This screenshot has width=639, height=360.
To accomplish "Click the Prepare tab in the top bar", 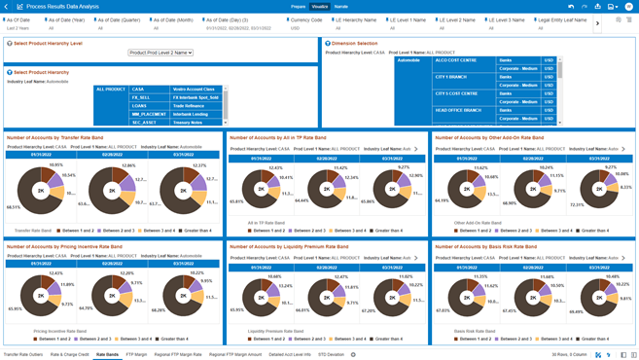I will click(x=299, y=6).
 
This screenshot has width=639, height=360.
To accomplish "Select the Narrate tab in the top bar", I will click(x=340, y=6).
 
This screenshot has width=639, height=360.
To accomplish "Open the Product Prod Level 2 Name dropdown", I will click(x=160, y=53).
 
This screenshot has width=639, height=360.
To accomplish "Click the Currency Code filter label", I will click(x=305, y=19).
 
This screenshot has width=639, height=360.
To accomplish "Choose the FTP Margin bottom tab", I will click(x=136, y=354).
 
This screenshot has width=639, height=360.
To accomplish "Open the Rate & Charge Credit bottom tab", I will click(x=70, y=354).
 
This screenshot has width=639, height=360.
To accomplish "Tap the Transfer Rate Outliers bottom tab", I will click(x=23, y=354).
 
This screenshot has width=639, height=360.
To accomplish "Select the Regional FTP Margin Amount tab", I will click(x=235, y=354).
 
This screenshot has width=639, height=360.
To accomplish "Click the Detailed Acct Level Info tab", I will click(x=290, y=354).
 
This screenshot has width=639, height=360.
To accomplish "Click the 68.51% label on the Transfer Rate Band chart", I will click(x=14, y=206).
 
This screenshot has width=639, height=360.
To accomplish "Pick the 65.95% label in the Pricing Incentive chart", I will click(x=15, y=309).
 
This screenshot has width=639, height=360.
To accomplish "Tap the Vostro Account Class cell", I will click(x=194, y=89).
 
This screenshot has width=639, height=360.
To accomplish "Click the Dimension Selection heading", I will click(x=354, y=43).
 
